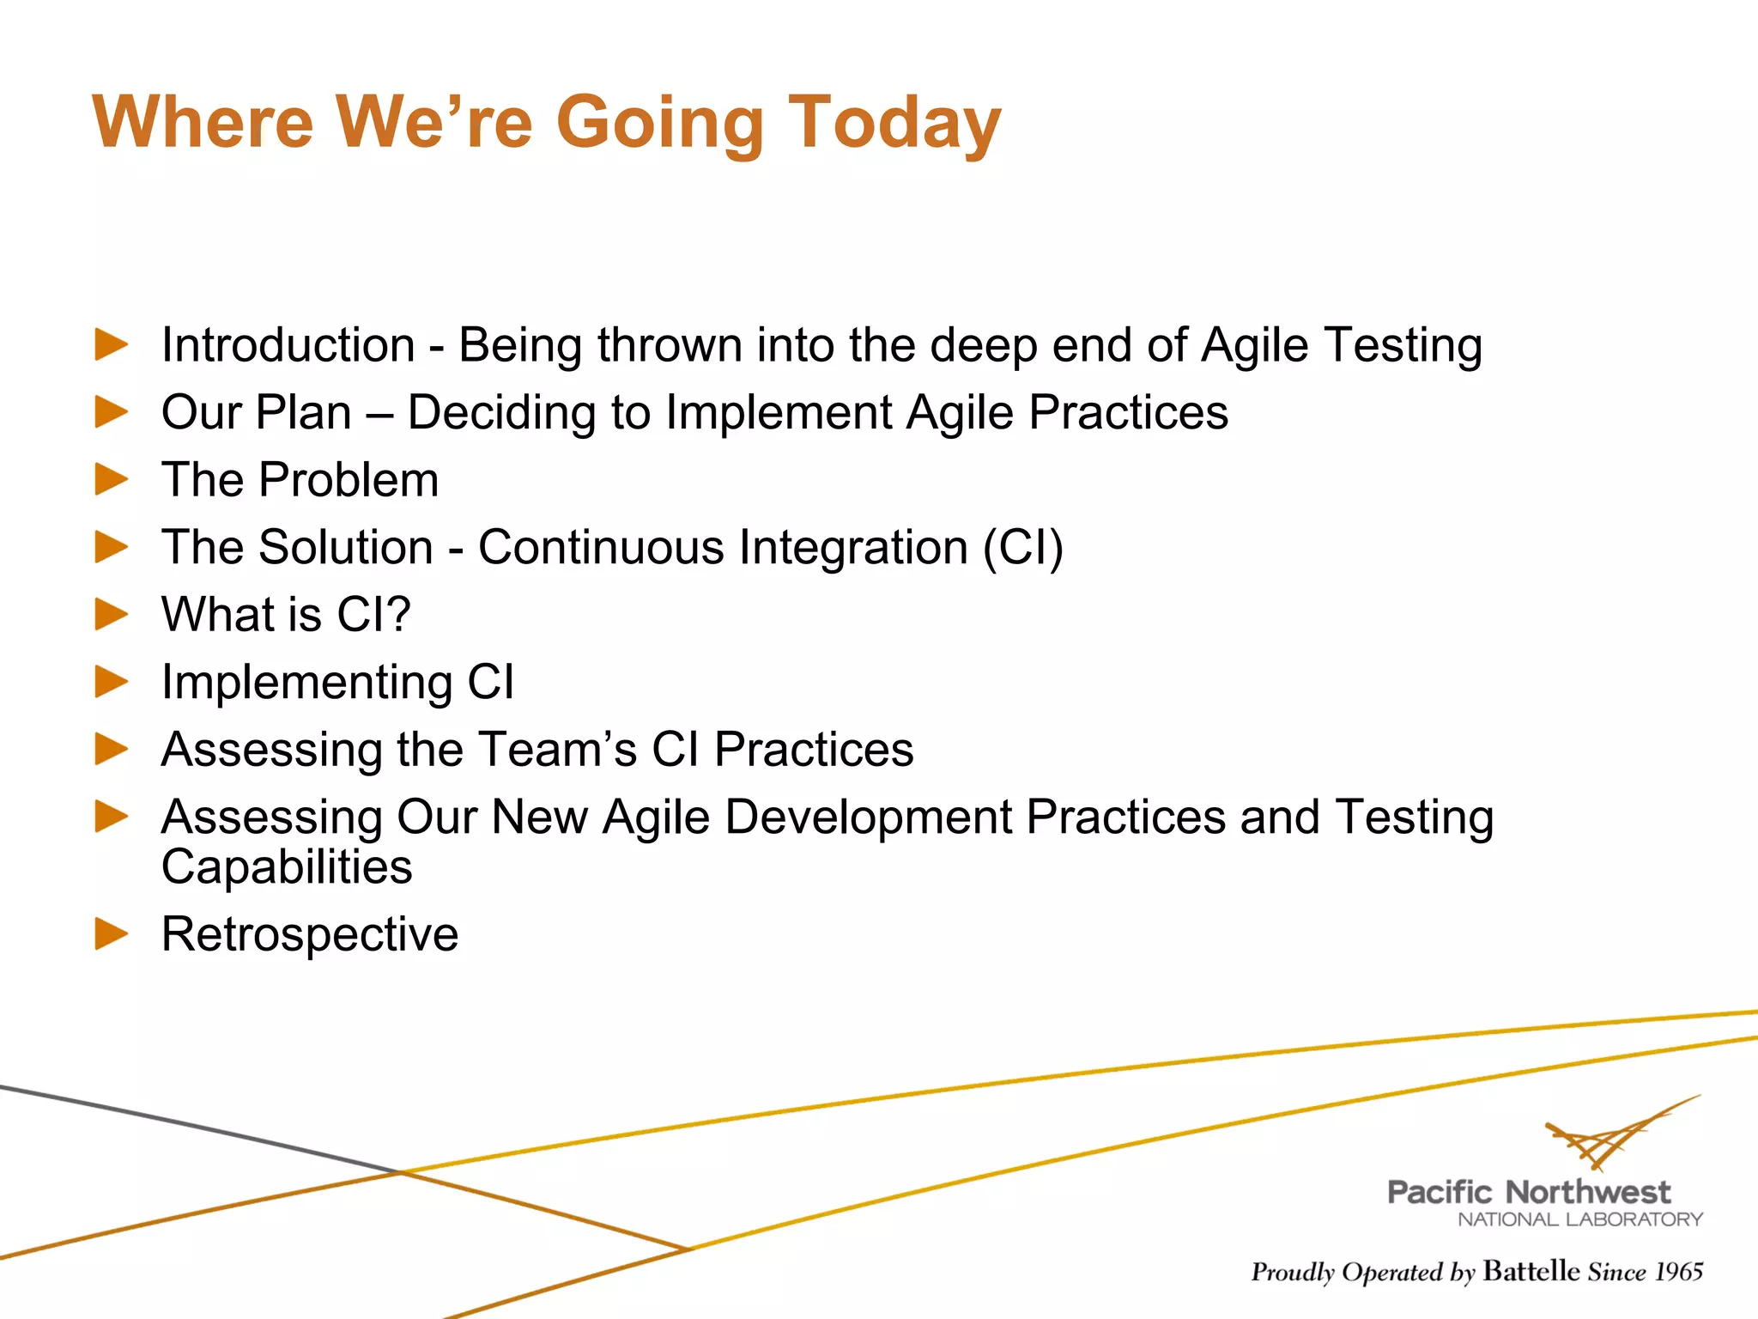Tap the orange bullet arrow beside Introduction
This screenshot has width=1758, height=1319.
click(x=111, y=345)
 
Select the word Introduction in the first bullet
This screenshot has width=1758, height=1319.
click(x=288, y=345)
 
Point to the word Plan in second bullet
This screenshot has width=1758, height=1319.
click(x=304, y=412)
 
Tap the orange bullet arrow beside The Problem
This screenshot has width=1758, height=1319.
click(x=111, y=479)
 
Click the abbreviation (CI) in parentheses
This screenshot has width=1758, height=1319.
click(x=1022, y=547)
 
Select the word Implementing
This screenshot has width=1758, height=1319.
click(x=306, y=683)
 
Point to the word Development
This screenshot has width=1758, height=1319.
click(x=868, y=817)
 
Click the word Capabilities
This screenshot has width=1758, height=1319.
click(x=287, y=867)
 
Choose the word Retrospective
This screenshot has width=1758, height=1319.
click(x=310, y=934)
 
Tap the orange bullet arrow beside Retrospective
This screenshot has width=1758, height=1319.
click(x=111, y=933)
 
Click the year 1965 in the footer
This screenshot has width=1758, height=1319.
click(x=1678, y=1272)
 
